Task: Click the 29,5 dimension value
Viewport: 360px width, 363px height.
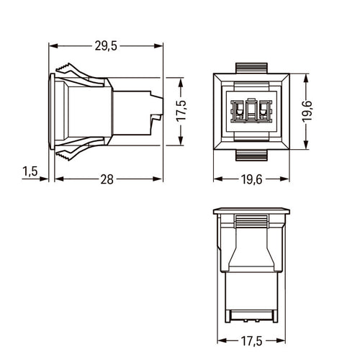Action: click(x=106, y=45)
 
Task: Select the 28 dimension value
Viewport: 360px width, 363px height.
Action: click(x=107, y=179)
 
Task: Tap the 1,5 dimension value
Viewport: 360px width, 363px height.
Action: click(x=30, y=171)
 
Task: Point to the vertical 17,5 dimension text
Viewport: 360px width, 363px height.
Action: click(x=181, y=111)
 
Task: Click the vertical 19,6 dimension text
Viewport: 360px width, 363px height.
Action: click(x=307, y=112)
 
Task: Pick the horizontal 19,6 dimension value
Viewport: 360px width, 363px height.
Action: click(x=251, y=179)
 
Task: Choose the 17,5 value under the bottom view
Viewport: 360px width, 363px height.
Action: click(x=251, y=341)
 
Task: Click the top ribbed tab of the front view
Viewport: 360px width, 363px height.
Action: click(x=251, y=68)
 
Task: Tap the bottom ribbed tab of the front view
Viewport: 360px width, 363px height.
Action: click(x=251, y=155)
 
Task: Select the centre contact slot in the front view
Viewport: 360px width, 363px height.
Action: click(x=251, y=110)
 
